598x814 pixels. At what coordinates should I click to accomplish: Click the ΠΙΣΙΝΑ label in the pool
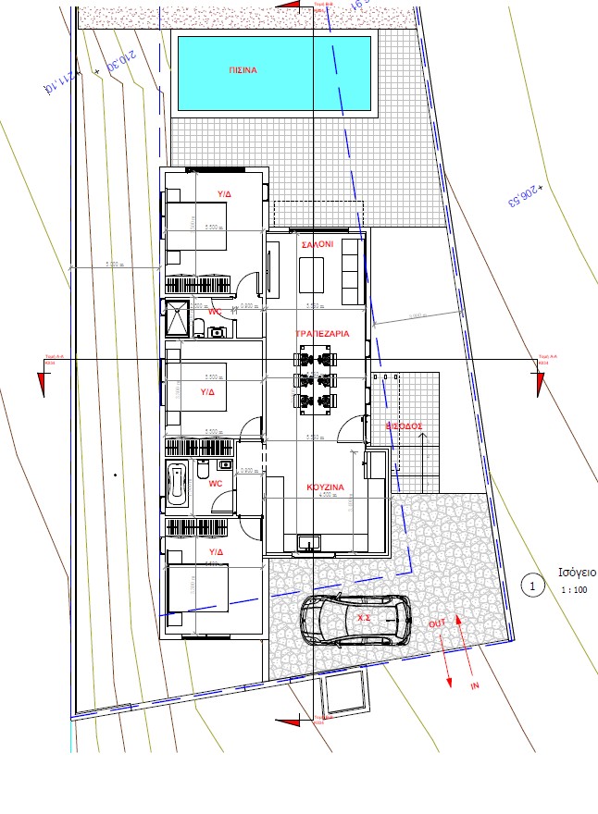243,70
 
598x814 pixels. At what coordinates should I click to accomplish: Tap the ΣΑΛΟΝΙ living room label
318,244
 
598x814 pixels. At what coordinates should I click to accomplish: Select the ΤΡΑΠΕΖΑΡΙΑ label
322,333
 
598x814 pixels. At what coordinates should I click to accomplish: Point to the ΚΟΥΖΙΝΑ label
325,487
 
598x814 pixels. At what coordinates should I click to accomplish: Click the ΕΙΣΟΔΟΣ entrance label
405,426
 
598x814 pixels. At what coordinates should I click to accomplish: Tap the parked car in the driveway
356,619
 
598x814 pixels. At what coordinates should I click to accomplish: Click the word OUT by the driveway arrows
438,623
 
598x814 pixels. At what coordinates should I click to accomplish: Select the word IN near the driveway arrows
476,687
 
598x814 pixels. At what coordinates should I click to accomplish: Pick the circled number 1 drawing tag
531,585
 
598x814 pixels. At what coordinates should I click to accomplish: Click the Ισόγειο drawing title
577,572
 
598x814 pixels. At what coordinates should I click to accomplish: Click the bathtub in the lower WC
178,485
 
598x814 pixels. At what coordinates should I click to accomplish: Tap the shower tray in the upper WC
176,318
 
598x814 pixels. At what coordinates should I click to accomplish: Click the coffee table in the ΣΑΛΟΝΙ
311,275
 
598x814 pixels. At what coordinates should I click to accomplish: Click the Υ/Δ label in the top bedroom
225,194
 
